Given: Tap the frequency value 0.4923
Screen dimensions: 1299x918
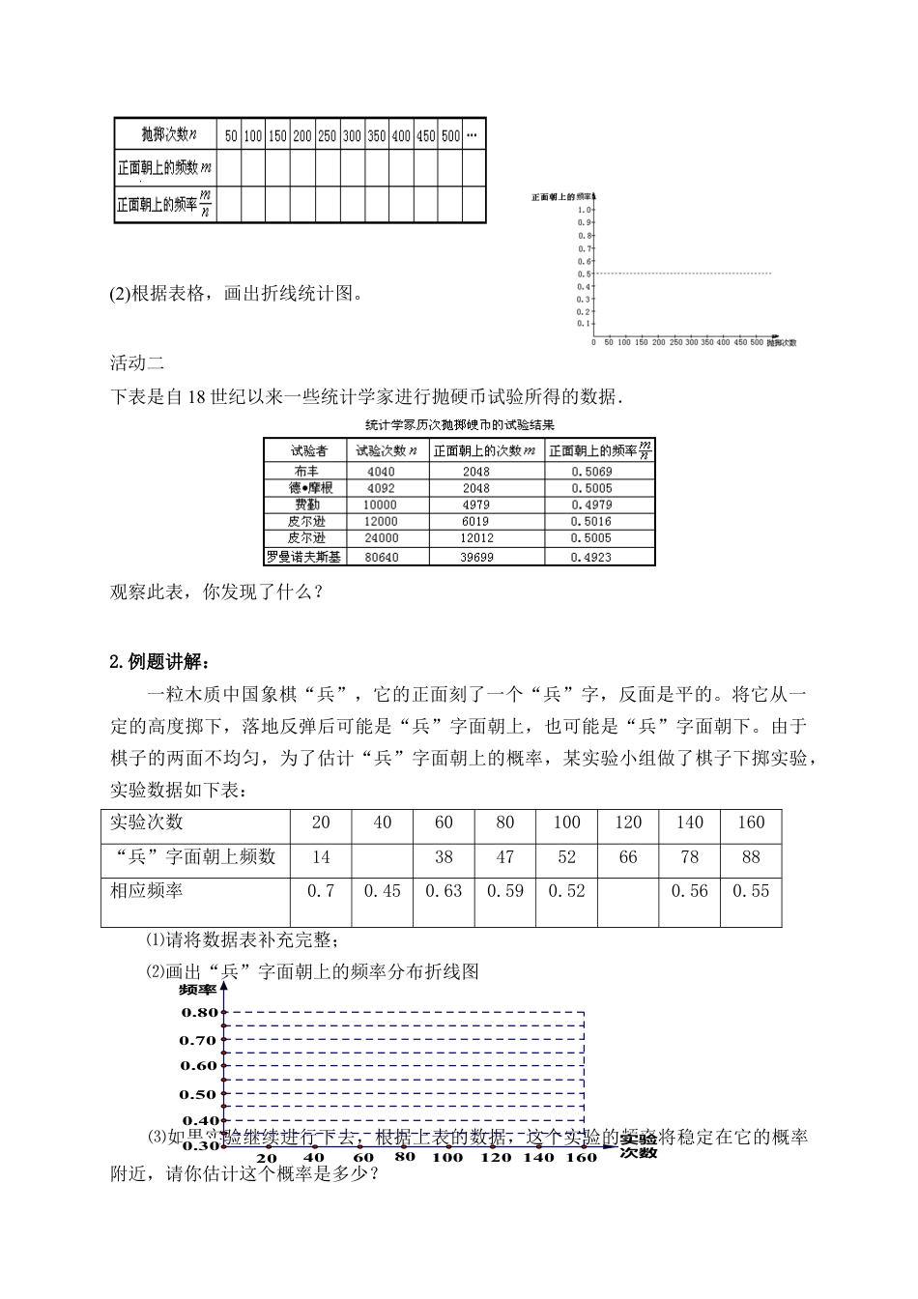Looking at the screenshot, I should (590, 557).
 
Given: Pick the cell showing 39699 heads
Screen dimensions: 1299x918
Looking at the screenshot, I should (475, 557).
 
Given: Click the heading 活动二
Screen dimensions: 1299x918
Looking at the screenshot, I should (137, 363).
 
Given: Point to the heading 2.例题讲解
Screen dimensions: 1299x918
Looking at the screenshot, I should (158, 662).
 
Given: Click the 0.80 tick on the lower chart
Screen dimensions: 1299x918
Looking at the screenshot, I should (199, 1012).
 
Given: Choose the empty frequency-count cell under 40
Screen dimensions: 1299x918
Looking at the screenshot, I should (383, 856).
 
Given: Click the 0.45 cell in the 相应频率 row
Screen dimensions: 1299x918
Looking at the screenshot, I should (383, 891).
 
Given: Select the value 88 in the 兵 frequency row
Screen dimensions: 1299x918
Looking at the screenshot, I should (750, 856).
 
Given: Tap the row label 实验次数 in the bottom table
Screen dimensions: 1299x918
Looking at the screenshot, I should (147, 823).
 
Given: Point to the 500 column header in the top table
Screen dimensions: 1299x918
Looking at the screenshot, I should (450, 136).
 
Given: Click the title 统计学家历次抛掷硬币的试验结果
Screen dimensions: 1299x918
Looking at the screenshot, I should (459, 424).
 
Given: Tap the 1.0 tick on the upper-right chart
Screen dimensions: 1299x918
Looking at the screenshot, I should (584, 210).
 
